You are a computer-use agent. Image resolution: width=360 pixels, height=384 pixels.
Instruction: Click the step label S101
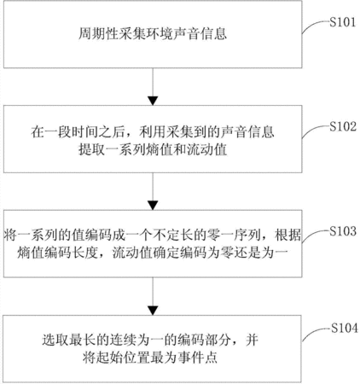343,22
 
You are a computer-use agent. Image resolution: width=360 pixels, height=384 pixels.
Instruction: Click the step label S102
343,126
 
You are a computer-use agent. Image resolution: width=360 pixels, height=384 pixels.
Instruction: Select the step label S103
343,231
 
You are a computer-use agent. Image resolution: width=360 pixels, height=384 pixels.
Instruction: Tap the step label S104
345,329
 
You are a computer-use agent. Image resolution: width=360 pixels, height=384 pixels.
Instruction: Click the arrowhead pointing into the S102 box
153,101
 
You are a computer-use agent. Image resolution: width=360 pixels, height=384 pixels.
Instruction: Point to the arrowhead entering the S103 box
153,206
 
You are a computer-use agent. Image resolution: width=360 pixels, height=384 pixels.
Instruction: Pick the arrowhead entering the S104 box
153,311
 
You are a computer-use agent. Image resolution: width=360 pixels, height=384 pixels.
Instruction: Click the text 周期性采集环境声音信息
153,34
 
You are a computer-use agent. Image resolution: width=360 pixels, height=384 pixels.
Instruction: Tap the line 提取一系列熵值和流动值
153,149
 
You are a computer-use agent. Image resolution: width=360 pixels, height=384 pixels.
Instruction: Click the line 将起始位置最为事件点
150,358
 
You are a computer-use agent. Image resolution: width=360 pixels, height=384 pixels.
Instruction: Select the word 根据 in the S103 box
287,236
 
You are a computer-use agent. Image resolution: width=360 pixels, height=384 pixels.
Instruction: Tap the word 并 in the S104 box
252,340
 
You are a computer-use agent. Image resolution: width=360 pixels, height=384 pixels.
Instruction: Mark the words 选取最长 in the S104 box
69,340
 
